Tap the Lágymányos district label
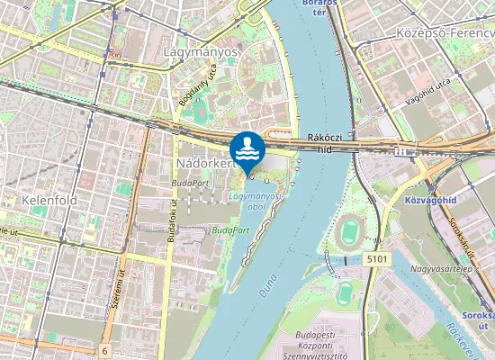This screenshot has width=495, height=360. pos(201,51)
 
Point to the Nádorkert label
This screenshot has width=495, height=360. pos(204,165)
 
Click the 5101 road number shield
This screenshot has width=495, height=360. pos(379,258)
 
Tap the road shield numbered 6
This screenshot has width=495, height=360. pos(105,350)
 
